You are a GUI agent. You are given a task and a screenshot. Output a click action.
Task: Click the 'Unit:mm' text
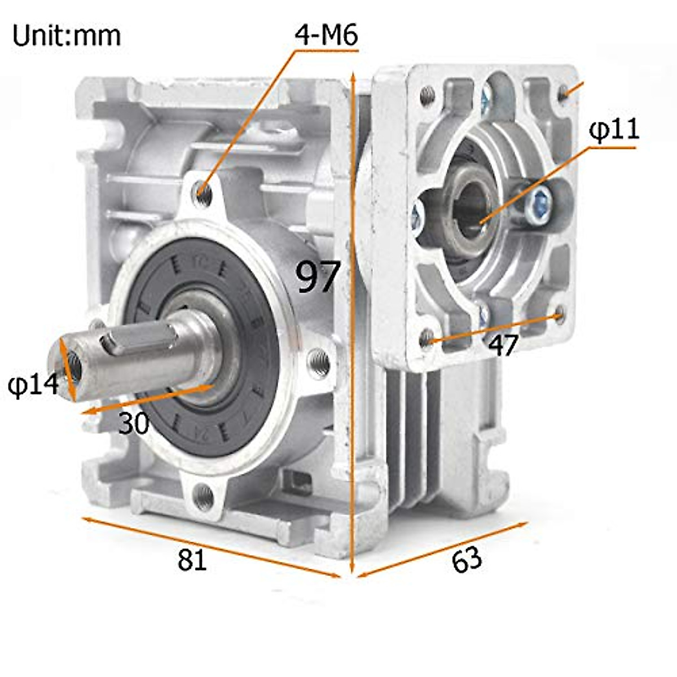click(67, 36)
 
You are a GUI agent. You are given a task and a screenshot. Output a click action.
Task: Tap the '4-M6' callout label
click(326, 35)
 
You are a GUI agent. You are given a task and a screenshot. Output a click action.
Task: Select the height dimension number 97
click(318, 276)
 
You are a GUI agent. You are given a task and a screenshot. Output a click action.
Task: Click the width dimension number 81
click(192, 560)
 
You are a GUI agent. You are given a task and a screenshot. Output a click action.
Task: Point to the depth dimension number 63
click(467, 560)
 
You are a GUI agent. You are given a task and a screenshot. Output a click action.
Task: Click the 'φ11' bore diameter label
click(614, 130)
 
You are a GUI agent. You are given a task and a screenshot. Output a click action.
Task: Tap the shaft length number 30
click(134, 424)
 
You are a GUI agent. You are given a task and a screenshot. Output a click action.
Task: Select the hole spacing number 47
click(503, 345)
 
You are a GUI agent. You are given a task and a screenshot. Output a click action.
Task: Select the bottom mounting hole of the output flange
click(203, 495)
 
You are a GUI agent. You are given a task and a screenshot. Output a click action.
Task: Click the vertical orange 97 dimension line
click(353, 395)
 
